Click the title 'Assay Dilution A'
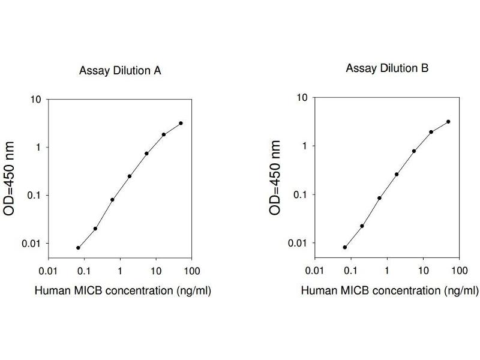120,71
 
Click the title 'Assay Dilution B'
387,68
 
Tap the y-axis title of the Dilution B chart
275,178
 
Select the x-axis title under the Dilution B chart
389,290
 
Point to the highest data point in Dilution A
181,123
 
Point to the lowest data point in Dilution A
78,247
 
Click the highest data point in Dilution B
448,121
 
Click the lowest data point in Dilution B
345,247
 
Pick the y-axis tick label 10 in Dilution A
36,99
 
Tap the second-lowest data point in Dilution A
95,229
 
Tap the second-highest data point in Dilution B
431,132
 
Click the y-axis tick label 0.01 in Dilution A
32,243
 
